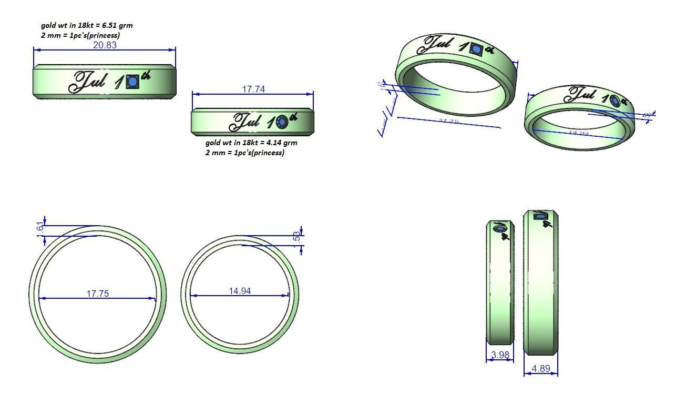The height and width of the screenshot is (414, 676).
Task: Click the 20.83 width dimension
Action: (x=105, y=45)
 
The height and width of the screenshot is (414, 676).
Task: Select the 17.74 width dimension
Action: (x=253, y=89)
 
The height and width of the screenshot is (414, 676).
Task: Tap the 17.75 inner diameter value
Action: (x=97, y=294)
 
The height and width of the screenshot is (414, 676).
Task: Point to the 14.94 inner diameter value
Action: (x=240, y=291)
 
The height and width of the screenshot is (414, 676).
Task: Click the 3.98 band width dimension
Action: (x=499, y=355)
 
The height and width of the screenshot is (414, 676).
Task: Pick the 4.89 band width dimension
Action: (x=540, y=368)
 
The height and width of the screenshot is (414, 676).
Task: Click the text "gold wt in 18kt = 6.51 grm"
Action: (x=90, y=25)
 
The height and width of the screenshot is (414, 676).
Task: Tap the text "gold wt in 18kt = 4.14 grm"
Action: (x=251, y=143)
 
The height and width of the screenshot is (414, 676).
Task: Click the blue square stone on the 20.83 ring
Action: (x=132, y=82)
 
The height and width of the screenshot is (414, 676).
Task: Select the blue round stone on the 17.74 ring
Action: (x=281, y=123)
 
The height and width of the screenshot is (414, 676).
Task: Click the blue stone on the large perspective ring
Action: (x=476, y=50)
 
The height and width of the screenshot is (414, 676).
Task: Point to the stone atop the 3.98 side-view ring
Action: (x=500, y=228)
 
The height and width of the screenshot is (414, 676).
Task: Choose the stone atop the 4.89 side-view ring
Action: (x=540, y=216)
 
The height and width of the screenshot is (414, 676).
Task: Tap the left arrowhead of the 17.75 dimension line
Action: (x=41, y=298)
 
